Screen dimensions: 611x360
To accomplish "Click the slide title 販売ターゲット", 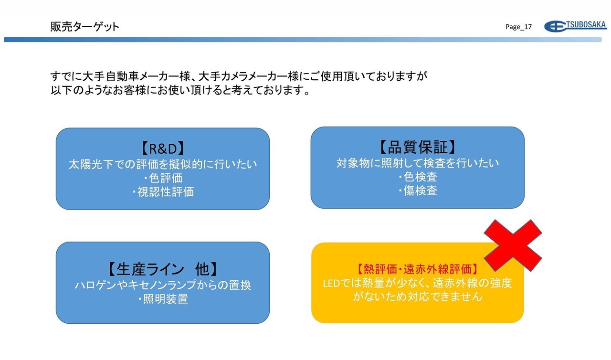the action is click(x=85, y=27).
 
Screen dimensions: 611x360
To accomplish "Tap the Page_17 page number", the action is click(x=518, y=27).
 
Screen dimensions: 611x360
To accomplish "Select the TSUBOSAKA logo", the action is click(x=576, y=26).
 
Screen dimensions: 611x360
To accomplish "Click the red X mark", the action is click(x=513, y=245).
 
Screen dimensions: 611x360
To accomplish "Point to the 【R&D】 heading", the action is click(x=163, y=148).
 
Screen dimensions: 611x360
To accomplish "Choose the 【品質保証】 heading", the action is click(x=417, y=147).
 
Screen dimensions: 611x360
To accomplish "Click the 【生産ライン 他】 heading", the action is click(x=163, y=269).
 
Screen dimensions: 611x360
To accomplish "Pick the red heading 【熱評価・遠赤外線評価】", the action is click(x=417, y=269).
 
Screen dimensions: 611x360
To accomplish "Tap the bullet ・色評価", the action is click(x=163, y=178).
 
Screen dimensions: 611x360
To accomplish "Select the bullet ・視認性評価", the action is click(x=163, y=192).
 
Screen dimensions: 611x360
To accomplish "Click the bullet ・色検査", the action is click(x=417, y=177).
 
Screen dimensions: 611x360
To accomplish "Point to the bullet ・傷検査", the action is click(x=417, y=191).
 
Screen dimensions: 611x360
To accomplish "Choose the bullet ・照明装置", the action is click(x=163, y=299).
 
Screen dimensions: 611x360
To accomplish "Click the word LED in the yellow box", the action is click(x=331, y=284).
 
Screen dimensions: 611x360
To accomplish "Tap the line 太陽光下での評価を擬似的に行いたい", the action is click(x=163, y=164).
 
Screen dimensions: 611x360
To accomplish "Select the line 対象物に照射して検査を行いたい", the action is click(x=417, y=163).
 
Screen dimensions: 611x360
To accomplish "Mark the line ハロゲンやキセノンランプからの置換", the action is click(x=163, y=285).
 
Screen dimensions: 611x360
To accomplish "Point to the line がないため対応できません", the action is click(x=417, y=296).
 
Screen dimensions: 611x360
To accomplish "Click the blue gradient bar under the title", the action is click(x=303, y=40).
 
